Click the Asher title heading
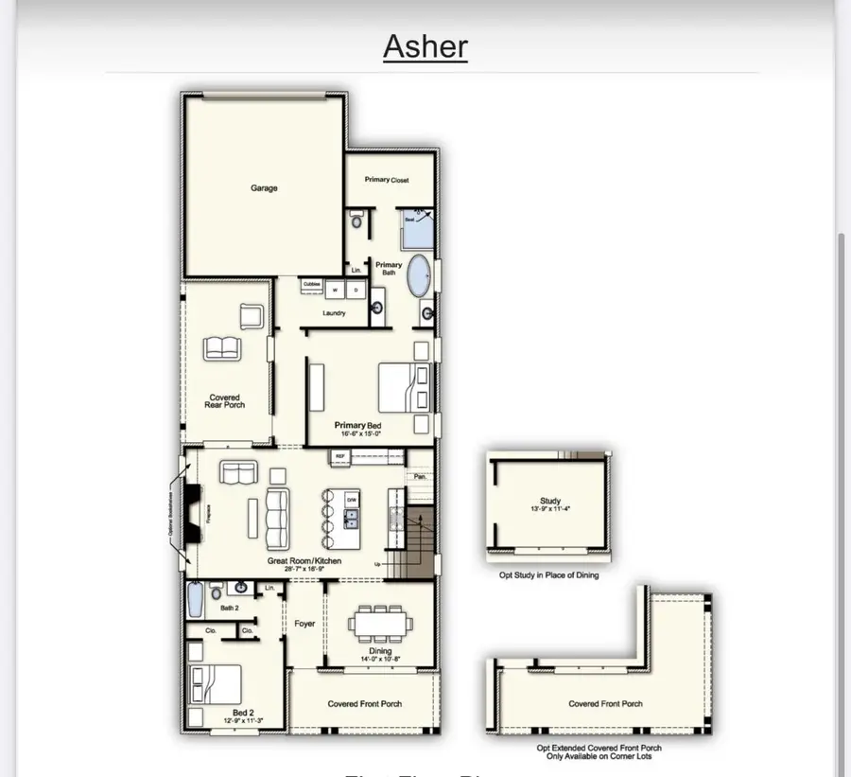point(425,45)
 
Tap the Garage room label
point(264,188)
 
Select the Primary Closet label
point(387,179)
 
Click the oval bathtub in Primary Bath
point(418,276)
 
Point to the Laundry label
point(334,313)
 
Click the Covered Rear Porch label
point(224,401)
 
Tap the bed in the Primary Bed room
point(401,386)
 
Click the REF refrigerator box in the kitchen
point(339,456)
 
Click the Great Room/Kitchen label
point(304,561)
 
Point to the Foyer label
point(304,624)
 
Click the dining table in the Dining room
point(380,626)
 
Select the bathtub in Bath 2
point(195,600)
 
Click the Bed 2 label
point(243,712)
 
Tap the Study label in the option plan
point(550,501)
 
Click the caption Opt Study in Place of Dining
point(548,574)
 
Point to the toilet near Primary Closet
point(356,221)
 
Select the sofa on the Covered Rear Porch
point(223,347)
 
